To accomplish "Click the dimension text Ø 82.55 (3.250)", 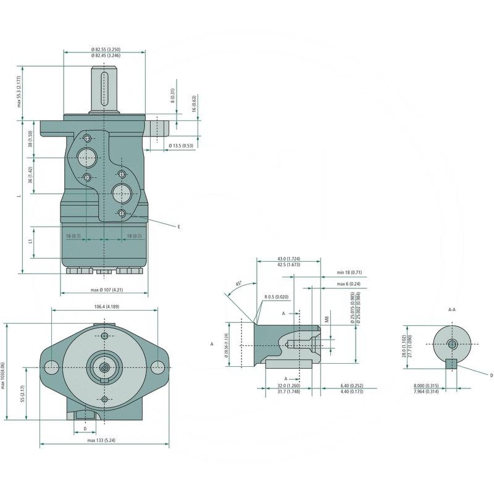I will (x=105, y=49).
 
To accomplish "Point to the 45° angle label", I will (x=238, y=285).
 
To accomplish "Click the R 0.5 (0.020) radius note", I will (x=277, y=297).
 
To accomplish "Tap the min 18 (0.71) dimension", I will (x=349, y=272).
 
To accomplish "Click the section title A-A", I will (x=451, y=309).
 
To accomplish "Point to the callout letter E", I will (x=178, y=227).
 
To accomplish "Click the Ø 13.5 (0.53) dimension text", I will (x=181, y=146).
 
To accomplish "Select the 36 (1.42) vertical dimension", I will (x=30, y=174).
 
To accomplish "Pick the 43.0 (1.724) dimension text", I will (x=288, y=258).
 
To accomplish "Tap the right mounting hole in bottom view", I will (x=157, y=367).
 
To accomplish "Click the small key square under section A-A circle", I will (x=451, y=364).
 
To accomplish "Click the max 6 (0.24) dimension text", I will (x=349, y=283).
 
